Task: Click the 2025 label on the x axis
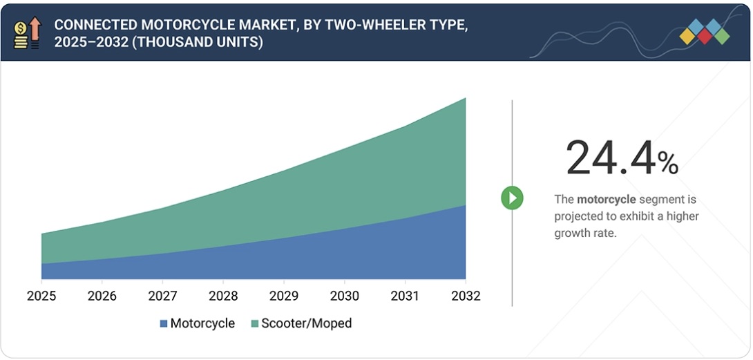[x=41, y=296]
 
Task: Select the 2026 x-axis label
[x=102, y=296]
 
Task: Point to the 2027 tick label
[x=162, y=296]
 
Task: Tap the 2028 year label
[x=222, y=296]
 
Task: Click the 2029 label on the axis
[x=283, y=296]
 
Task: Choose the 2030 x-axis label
[x=344, y=296]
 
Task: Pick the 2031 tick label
[x=405, y=296]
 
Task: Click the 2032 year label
[x=465, y=296]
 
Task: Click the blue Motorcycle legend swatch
[x=164, y=323]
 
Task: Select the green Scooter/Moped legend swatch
[x=254, y=323]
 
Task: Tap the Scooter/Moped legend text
[x=306, y=323]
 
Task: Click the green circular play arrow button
[x=512, y=198]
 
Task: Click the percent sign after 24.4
[x=668, y=162]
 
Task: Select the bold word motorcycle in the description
[x=606, y=200]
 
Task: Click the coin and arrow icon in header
[x=28, y=32]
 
